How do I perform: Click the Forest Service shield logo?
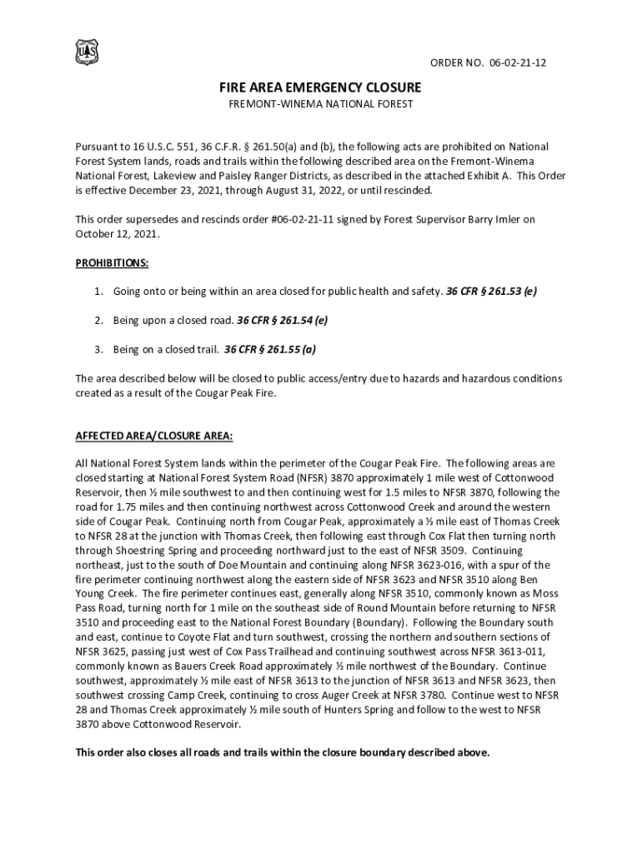click(87, 52)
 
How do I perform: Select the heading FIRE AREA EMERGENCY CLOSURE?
click(321, 87)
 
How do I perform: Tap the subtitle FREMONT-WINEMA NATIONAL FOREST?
click(321, 104)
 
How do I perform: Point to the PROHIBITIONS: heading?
click(113, 263)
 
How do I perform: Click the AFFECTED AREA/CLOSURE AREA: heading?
click(154, 436)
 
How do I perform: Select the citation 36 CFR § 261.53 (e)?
click(492, 292)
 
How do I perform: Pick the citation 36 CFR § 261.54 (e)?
click(281, 321)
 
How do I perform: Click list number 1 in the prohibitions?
click(98, 292)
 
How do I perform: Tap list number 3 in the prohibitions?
click(98, 350)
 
